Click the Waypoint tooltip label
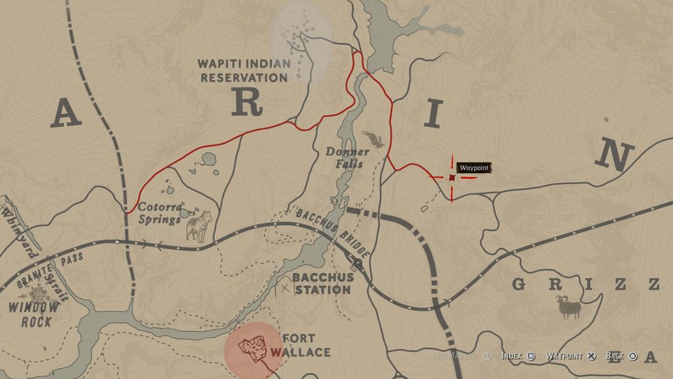474,168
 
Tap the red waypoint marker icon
452,178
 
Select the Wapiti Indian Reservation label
244,70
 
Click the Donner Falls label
347,157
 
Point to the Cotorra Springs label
160,212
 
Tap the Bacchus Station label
322,283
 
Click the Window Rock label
34,314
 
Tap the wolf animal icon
198,225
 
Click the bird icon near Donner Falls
373,139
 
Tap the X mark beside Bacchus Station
285,288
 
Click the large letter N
615,156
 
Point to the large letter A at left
65,113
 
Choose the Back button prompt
621,356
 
